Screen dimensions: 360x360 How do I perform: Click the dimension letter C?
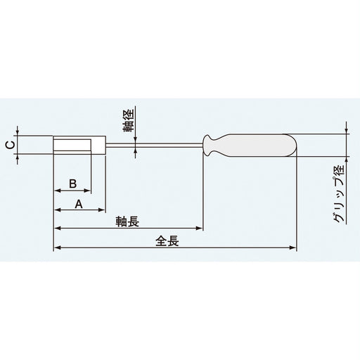(8, 146)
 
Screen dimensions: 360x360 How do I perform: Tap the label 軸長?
(127, 221)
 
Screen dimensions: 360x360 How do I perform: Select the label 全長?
(169, 240)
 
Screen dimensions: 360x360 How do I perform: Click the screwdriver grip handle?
(260, 146)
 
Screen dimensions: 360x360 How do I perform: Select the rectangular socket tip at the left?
(79, 146)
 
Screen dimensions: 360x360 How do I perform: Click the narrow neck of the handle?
(210, 146)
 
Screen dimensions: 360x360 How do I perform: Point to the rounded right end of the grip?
(295, 146)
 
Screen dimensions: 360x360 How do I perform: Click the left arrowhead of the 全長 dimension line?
(57, 248)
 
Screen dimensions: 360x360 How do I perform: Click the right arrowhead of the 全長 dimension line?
(295, 248)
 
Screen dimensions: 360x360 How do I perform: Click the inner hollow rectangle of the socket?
(73, 146)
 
